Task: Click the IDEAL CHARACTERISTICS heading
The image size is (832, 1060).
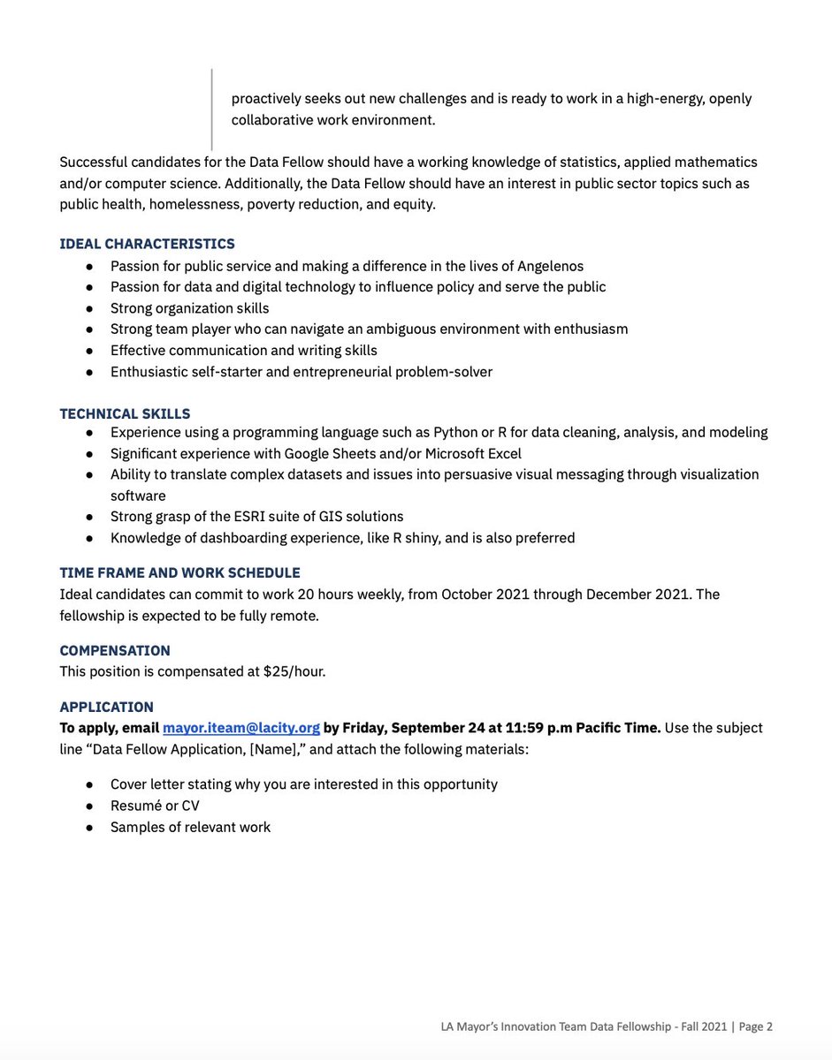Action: coord(147,244)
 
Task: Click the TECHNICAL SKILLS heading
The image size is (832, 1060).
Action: coord(125,413)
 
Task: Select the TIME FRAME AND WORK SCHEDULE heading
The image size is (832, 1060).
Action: coord(179,572)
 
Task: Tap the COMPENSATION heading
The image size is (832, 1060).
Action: coord(115,650)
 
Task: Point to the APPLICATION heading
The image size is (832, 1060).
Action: coord(106,707)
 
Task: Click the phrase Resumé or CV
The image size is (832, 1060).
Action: coord(155,806)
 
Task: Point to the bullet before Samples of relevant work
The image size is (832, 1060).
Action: coord(90,828)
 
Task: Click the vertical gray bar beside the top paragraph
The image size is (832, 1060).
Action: coord(212,110)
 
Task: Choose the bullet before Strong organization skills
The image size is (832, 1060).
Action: coord(90,308)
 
